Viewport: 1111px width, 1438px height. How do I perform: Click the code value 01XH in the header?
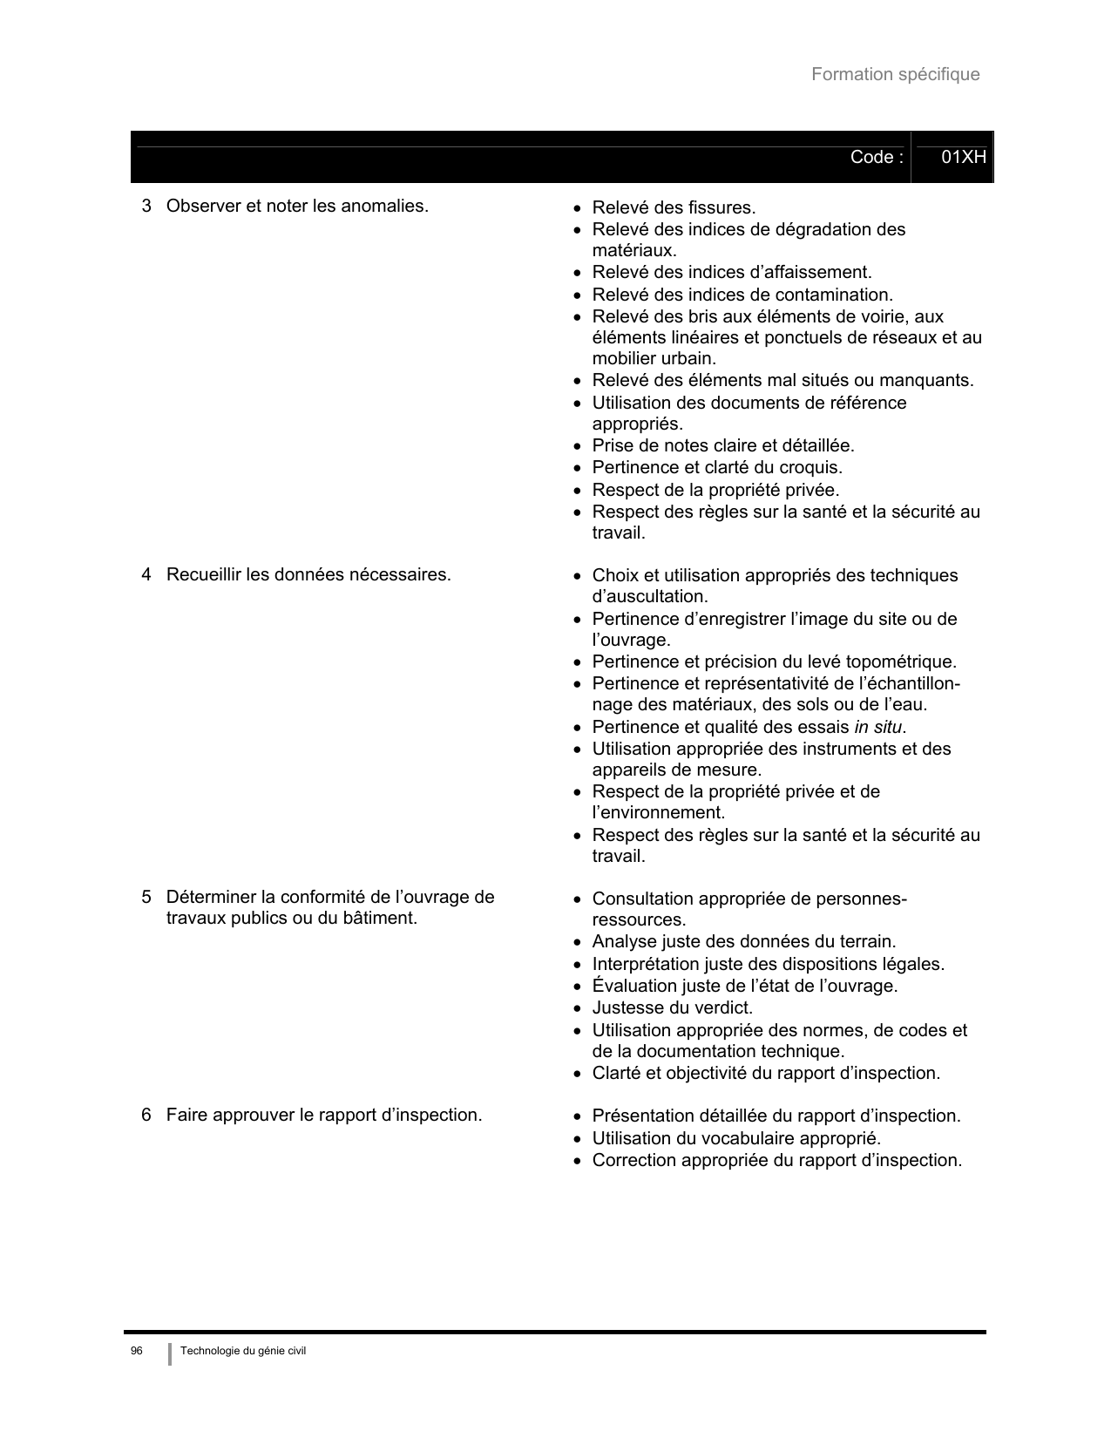964,158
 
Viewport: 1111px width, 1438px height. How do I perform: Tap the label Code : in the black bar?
877,158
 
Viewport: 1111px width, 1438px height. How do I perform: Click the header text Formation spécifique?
895,75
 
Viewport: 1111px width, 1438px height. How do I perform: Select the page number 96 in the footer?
136,1351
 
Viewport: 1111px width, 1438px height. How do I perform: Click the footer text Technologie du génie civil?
243,1351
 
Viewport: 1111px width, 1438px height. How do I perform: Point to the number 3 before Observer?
146,207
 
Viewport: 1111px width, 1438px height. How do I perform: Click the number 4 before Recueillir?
146,575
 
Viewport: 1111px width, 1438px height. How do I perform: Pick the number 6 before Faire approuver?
146,1116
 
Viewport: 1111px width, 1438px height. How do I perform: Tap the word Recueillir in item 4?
204,575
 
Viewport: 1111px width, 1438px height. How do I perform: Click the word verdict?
723,1008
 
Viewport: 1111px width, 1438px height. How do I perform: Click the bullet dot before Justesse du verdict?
577,1009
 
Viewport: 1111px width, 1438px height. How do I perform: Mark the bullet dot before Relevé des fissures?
577,209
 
